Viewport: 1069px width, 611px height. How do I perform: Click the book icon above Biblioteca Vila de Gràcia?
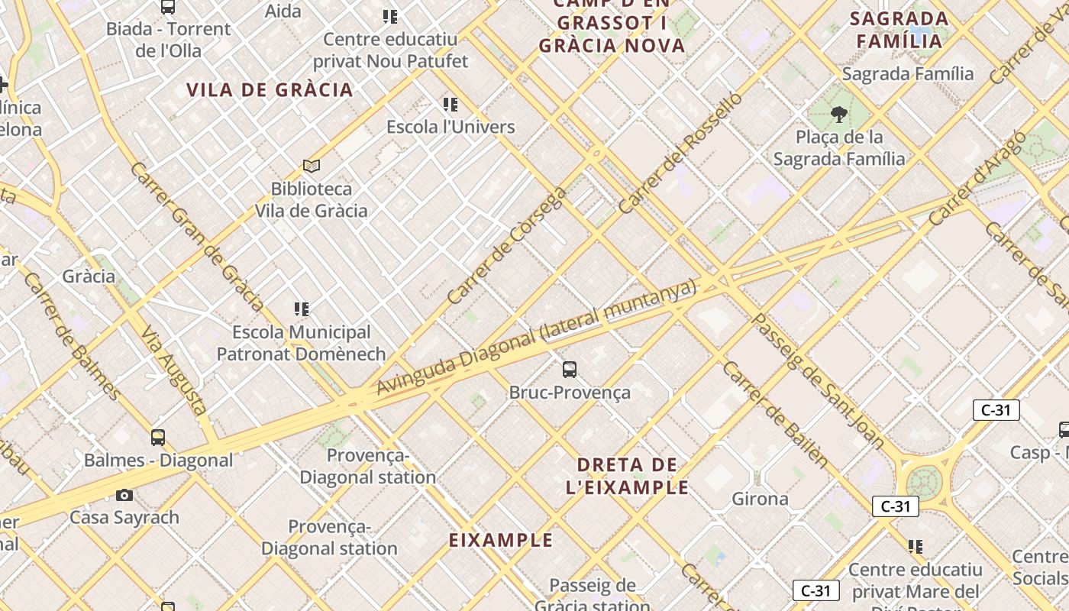[x=311, y=166]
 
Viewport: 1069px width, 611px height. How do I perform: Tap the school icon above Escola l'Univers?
[x=451, y=104]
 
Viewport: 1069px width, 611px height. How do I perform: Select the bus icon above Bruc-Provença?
[x=569, y=370]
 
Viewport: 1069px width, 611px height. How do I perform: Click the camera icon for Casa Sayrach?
[x=124, y=495]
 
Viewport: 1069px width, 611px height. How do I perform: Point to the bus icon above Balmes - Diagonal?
[x=158, y=438]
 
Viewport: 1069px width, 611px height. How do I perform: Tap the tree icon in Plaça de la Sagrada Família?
[x=839, y=115]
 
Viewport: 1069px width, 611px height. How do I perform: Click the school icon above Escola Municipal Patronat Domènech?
[x=302, y=309]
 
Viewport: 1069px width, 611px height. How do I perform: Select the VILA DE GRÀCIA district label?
[x=270, y=90]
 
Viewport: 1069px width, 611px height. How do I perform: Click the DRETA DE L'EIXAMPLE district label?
[x=627, y=476]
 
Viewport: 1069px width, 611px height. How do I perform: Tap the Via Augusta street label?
[x=175, y=372]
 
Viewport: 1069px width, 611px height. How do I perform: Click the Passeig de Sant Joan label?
[x=819, y=380]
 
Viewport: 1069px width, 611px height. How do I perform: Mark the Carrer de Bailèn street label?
[x=774, y=413]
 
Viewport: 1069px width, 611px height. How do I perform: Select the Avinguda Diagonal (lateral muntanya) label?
[x=537, y=337]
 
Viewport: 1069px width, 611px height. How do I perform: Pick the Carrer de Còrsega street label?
[x=507, y=245]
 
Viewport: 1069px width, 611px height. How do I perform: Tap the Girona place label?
[x=760, y=499]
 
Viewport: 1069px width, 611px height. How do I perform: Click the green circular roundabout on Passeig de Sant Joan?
[x=923, y=482]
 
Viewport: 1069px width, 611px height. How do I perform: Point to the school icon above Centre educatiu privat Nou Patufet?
[x=390, y=17]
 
